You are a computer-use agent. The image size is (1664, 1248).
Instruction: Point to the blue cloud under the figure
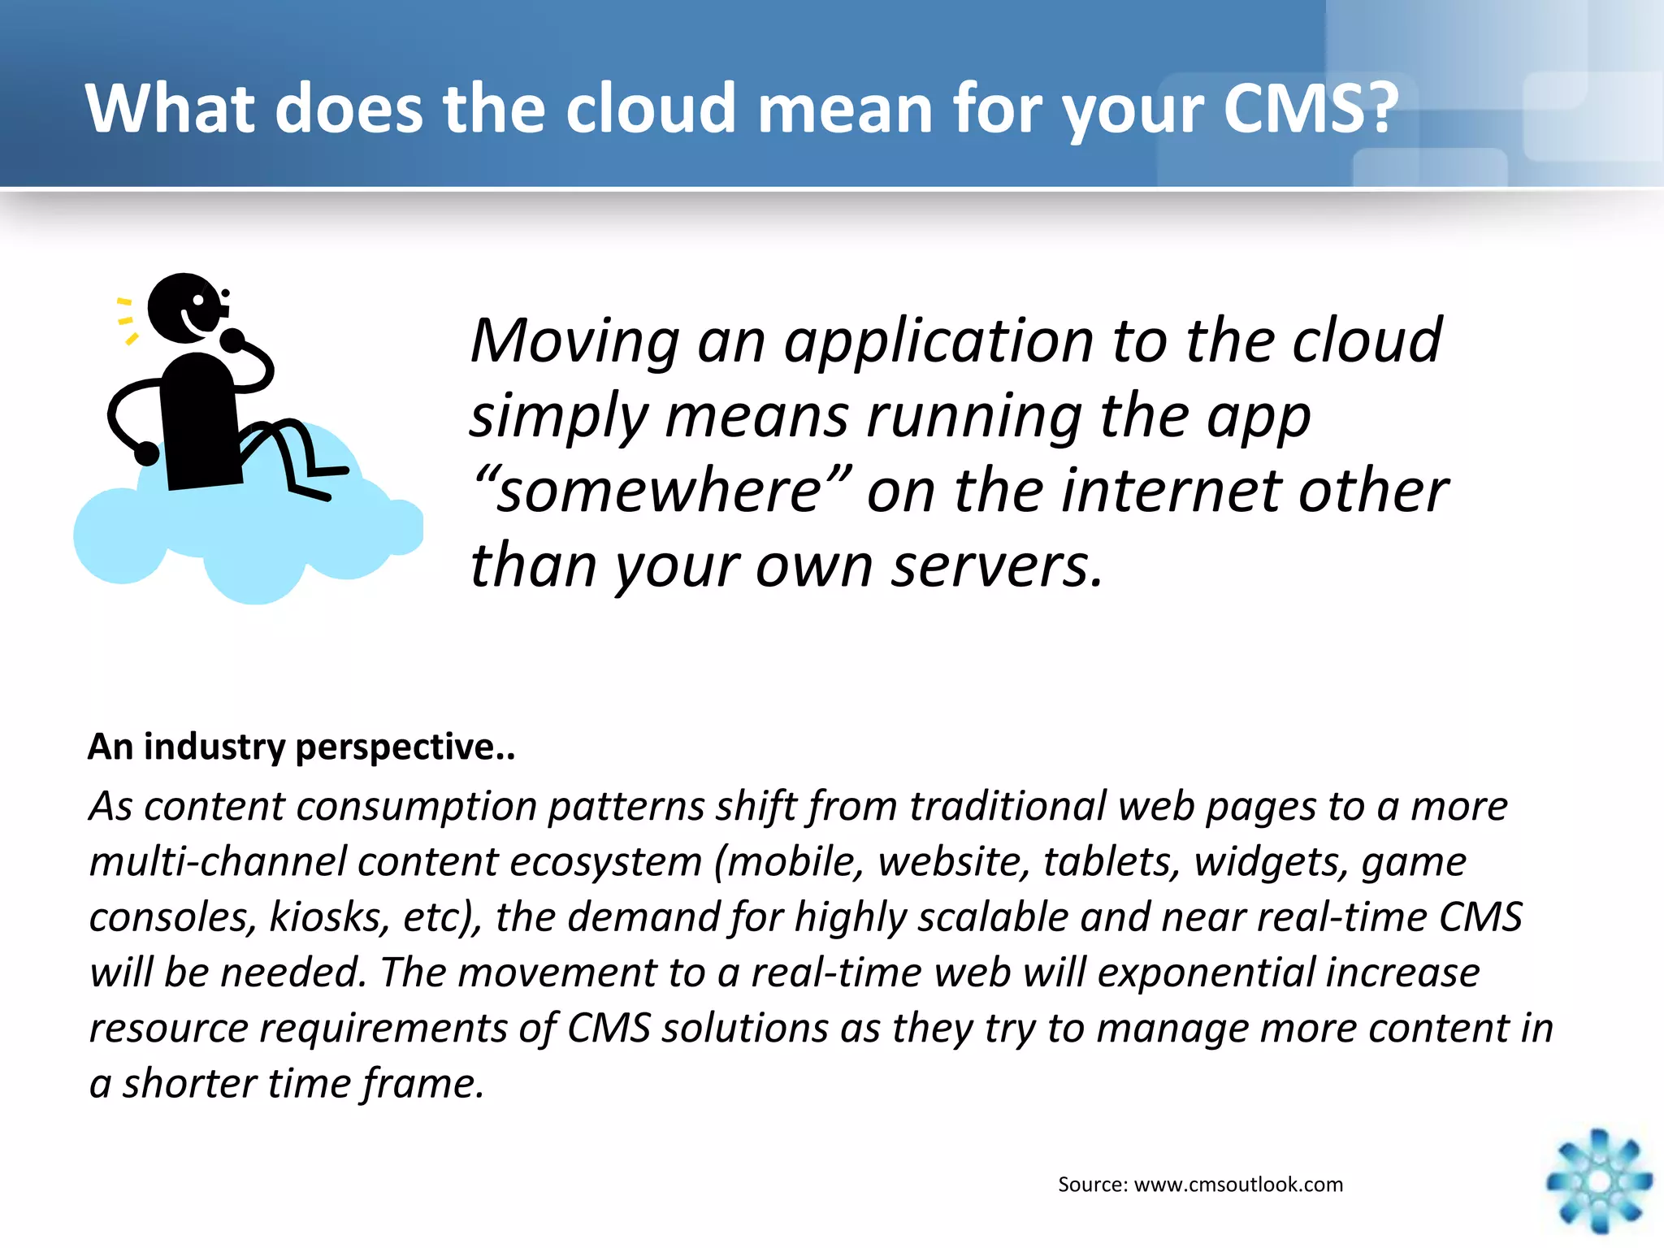pos(244,536)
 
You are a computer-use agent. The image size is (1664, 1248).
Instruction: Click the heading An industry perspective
pos(301,746)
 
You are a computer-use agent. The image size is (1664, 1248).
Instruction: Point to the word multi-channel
pos(218,861)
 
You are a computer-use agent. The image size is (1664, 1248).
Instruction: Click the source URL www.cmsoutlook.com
pos(1238,1184)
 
